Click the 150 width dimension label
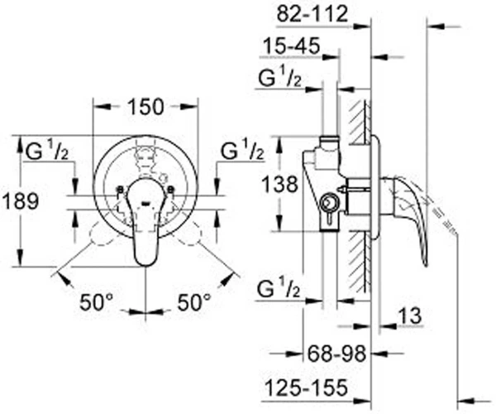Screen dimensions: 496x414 tap(145, 107)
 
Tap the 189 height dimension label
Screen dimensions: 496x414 tap(20, 201)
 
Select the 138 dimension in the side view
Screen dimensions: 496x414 tap(280, 184)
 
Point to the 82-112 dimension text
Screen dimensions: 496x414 tap(312, 14)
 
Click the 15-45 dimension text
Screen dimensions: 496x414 tap(291, 46)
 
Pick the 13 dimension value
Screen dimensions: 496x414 tap(410, 315)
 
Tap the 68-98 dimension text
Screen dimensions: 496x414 tap(336, 354)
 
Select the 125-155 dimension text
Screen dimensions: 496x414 tap(306, 388)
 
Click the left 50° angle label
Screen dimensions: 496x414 tap(96, 302)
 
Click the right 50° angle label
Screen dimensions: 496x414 tap(194, 302)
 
